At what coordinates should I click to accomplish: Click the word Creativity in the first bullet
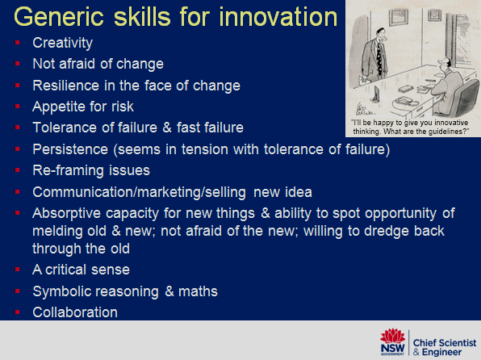coord(63,43)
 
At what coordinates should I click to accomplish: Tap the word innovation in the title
coord(278,17)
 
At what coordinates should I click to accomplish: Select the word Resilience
coord(66,86)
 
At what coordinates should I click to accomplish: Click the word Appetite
coord(59,107)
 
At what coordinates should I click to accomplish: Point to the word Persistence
coord(70,149)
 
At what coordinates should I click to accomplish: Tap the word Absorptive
coord(67,214)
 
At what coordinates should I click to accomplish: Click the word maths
coord(198,291)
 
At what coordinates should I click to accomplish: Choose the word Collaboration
coord(75,312)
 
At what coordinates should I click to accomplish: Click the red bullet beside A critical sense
coord(18,270)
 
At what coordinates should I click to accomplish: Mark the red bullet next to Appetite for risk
coord(18,107)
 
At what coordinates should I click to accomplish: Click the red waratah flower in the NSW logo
coord(393,336)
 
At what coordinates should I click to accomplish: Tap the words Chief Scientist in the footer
coord(445,342)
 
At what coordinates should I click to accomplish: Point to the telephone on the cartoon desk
coord(406,101)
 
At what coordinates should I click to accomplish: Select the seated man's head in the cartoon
coord(445,64)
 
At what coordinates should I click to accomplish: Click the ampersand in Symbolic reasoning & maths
coord(169,291)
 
